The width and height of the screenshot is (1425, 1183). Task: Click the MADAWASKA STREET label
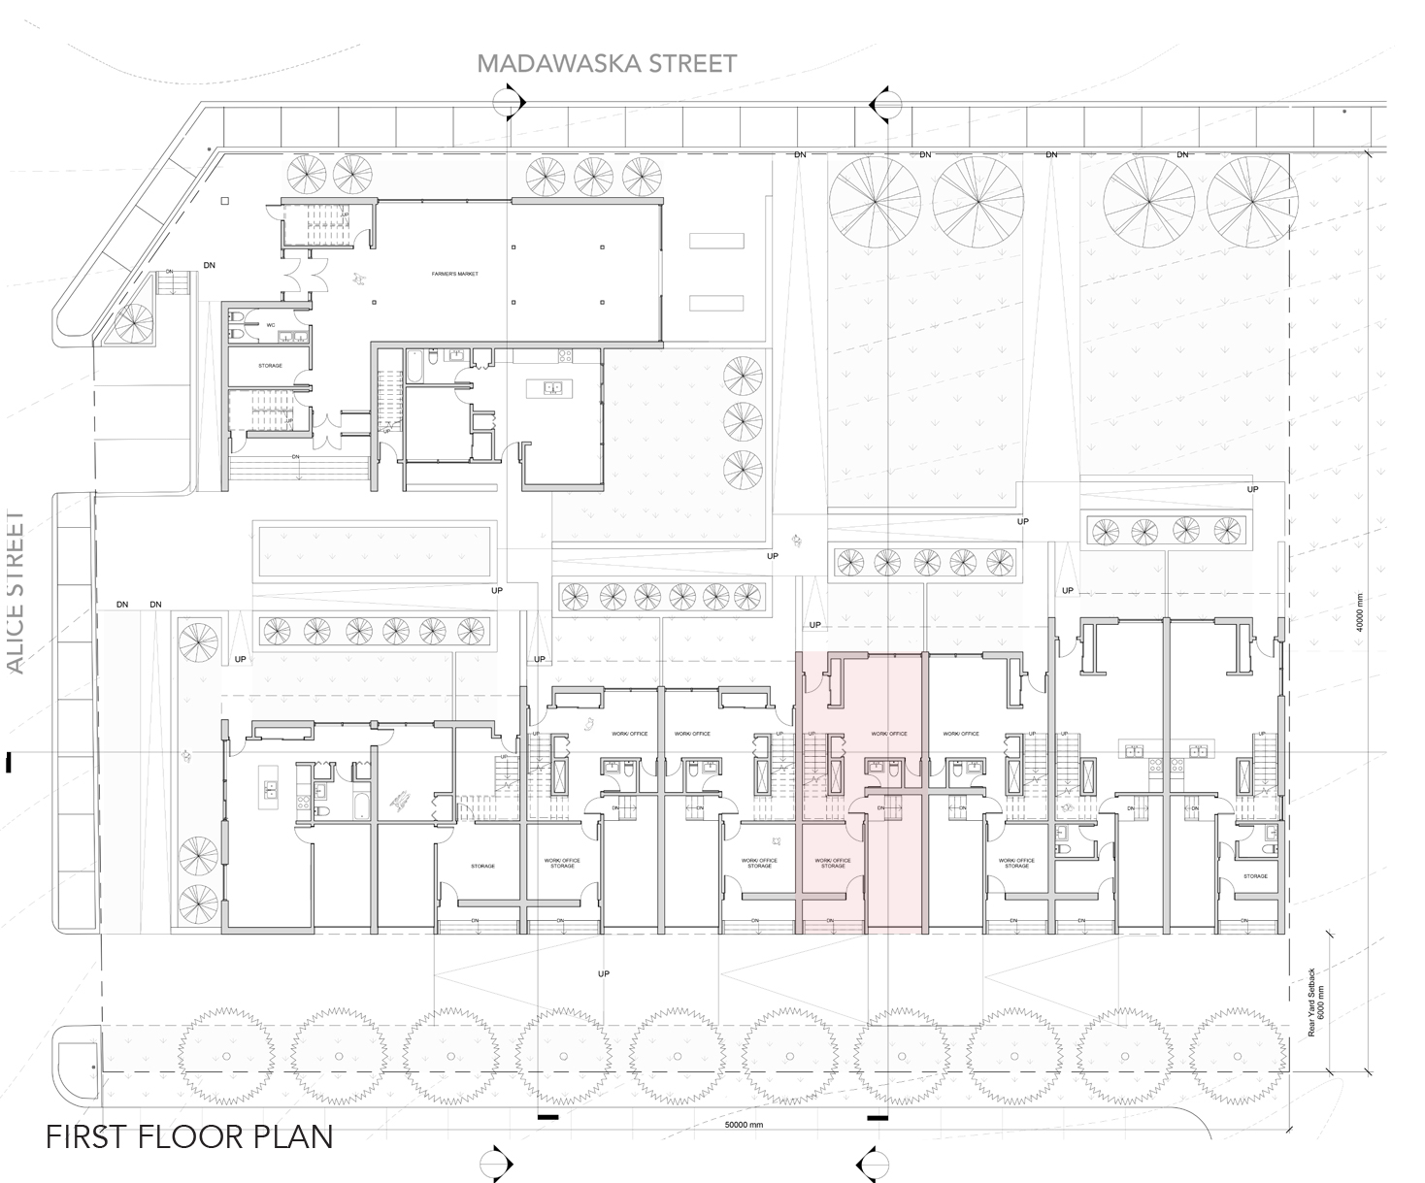[607, 64]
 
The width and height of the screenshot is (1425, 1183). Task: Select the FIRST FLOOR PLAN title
[190, 1136]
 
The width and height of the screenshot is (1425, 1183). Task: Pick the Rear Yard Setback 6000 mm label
[1314, 1002]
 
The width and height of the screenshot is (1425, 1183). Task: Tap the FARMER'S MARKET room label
[455, 275]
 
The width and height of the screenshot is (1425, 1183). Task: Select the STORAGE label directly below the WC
[270, 366]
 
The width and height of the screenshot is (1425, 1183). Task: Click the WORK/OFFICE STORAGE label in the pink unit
[832, 863]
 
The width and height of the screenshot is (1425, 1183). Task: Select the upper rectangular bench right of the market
[716, 241]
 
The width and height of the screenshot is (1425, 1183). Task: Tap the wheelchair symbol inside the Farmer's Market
[359, 279]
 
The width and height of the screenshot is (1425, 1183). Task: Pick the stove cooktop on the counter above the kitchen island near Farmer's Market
[564, 354]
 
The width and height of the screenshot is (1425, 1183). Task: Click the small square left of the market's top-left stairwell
[225, 201]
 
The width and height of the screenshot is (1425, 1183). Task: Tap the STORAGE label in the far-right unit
[1255, 876]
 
